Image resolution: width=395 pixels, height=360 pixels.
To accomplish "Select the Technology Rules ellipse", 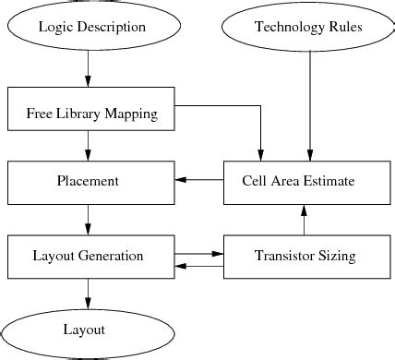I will (x=309, y=27).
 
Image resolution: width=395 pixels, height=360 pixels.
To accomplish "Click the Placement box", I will (x=90, y=181).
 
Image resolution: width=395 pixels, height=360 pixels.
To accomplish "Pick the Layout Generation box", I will (x=90, y=256).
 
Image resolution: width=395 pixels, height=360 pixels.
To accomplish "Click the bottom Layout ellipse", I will (x=89, y=330).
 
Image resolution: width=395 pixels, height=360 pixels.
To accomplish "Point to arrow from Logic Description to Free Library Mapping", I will (x=89, y=68).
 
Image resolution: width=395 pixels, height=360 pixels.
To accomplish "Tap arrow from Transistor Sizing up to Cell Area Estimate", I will (x=304, y=219).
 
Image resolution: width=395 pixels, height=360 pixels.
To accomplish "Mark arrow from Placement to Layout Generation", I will (x=89, y=219).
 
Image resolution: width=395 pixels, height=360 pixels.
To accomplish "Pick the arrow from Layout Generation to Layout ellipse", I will (x=89, y=293).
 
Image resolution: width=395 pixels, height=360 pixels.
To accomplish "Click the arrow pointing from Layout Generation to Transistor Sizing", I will (x=198, y=251).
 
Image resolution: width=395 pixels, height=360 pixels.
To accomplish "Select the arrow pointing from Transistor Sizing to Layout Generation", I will (x=198, y=266).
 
